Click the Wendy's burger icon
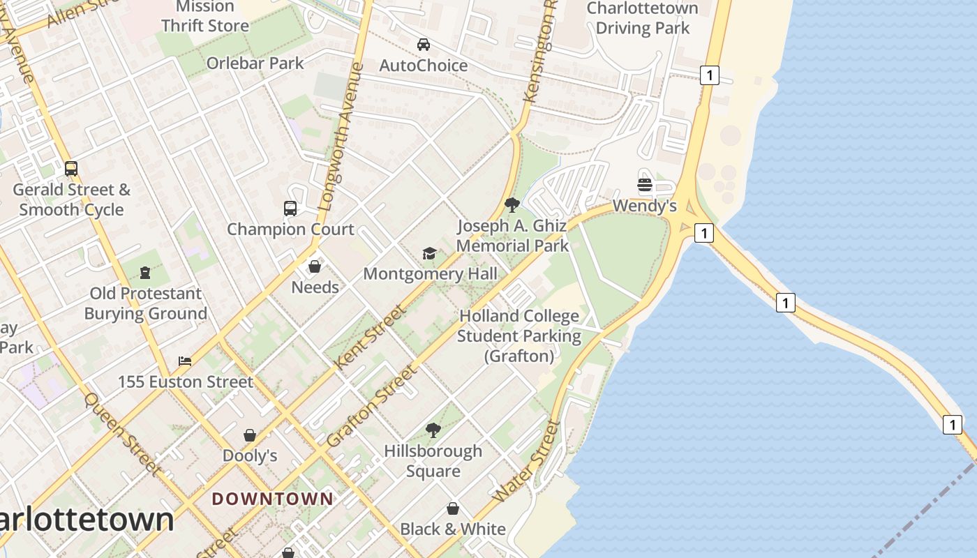coord(644,185)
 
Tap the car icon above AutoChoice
coord(423,45)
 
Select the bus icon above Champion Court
coord(290,208)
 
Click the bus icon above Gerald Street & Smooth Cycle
coord(71,168)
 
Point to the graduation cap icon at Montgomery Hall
coord(430,252)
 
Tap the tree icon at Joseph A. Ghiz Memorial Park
coord(512,204)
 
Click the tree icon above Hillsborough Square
coord(433,430)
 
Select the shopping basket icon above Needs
coord(315,266)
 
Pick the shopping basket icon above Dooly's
coord(250,435)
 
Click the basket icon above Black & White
coord(453,508)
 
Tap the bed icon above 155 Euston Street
coord(185,361)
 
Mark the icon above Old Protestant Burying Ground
coord(145,272)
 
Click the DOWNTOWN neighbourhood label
coord(273,499)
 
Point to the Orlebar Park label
coord(255,63)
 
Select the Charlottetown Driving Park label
coord(642,18)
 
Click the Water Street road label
coord(527,460)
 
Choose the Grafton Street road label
coord(373,407)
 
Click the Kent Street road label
coord(370,338)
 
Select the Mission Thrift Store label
coord(205,16)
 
